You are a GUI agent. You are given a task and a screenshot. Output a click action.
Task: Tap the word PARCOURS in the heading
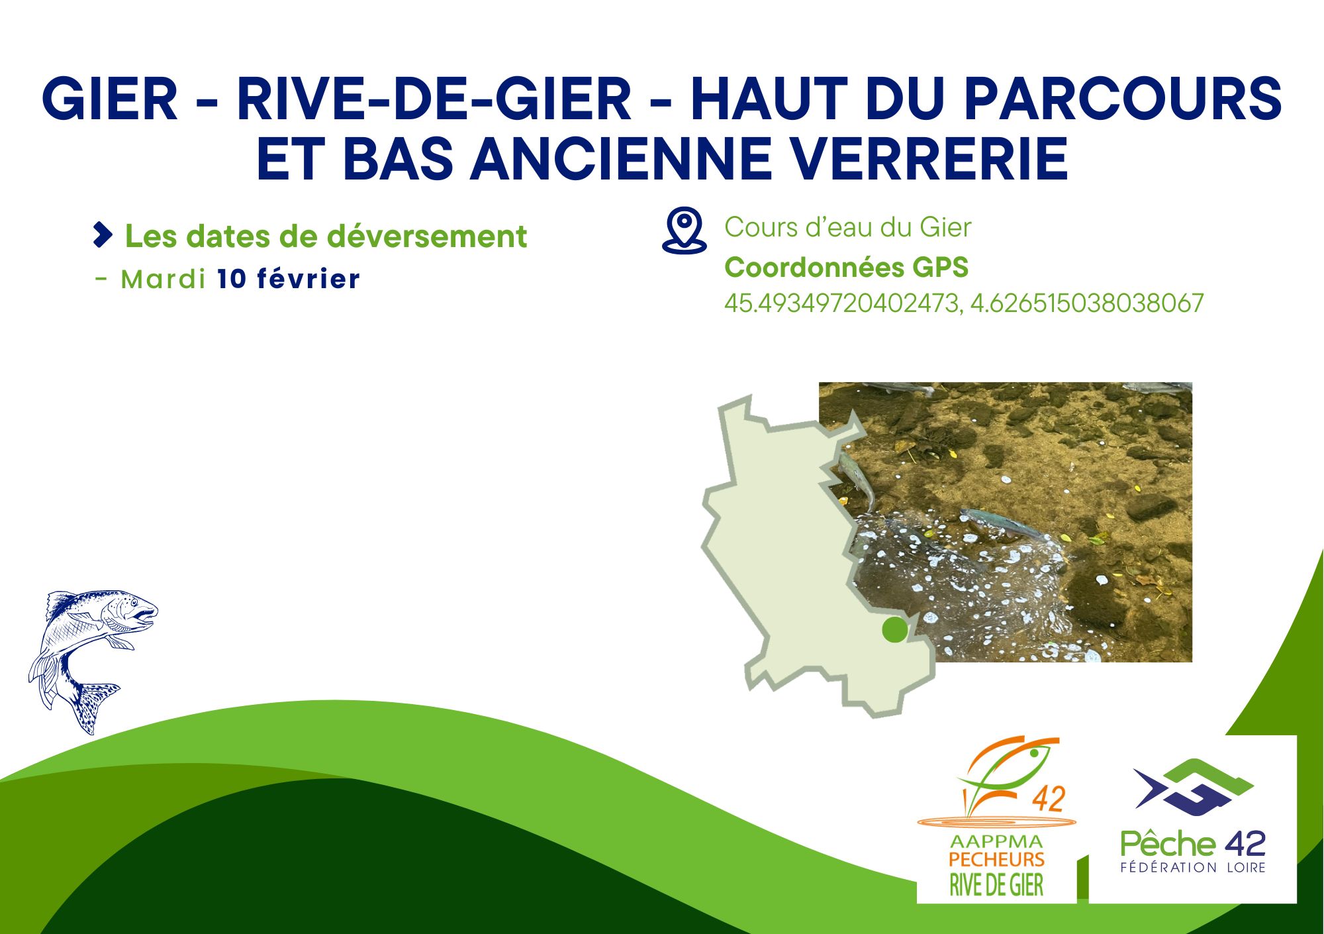coord(1123,99)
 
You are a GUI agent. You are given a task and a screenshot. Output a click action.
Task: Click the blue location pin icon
coord(685,231)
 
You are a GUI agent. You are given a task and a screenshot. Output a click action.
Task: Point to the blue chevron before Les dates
coord(103,235)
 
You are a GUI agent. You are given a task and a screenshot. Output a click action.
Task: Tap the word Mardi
coord(163,279)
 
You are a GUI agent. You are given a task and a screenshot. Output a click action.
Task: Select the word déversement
coord(427,236)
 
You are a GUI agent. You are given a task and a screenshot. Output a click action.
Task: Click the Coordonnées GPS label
coord(846,268)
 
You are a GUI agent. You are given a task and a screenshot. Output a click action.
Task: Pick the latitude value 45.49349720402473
coord(841,303)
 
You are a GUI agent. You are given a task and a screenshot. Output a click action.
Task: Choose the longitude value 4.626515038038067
coord(1086,303)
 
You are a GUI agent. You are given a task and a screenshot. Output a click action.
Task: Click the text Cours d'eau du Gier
coord(847,227)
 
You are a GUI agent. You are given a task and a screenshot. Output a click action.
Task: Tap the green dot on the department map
coord(895,629)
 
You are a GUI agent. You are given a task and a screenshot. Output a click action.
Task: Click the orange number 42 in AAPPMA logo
coord(1048,799)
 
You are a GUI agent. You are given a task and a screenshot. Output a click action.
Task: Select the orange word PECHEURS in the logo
coord(996,860)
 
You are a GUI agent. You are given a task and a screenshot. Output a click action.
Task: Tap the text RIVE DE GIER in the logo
coord(996,885)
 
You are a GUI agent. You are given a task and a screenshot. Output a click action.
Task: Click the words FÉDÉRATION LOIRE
coord(1193,867)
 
